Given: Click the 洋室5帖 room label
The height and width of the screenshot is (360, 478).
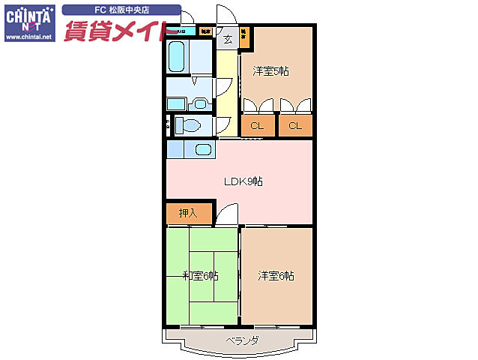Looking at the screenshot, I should (x=270, y=71).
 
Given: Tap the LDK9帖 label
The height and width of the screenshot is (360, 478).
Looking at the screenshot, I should (x=243, y=181).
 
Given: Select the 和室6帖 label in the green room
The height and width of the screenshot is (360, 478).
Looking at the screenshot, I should (x=201, y=276).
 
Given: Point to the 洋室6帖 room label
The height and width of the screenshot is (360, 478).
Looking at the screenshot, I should (x=276, y=276).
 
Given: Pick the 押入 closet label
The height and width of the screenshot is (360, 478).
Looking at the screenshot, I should (x=188, y=213).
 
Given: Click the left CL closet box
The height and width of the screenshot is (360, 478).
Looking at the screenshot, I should (x=257, y=125).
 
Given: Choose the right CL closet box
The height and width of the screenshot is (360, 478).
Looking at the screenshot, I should (x=295, y=125).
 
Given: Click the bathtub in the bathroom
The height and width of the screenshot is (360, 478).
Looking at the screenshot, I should (x=178, y=55).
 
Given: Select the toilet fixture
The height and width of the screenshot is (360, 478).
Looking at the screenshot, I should (x=190, y=124).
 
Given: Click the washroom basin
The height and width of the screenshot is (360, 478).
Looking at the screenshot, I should (x=199, y=102).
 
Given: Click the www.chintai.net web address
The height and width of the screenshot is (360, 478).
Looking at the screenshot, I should (x=29, y=36).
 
